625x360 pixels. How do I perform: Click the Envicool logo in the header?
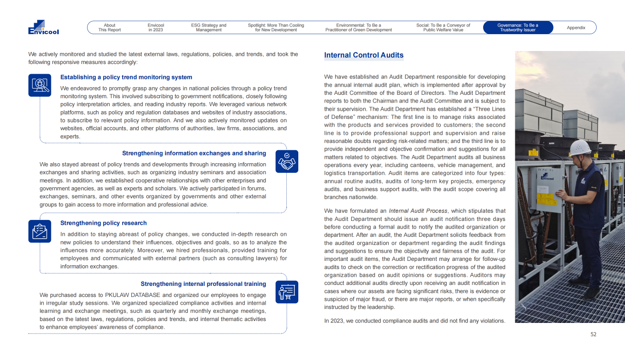(43, 27)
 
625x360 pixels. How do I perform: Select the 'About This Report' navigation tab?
(110, 27)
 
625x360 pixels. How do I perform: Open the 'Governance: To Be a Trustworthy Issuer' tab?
(517, 27)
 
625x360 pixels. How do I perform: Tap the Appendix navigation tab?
(576, 27)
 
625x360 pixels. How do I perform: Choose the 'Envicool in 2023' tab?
(156, 27)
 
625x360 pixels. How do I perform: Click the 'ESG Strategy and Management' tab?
(209, 27)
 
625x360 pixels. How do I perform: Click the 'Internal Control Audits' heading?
(364, 55)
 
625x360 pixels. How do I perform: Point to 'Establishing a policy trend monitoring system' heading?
(126, 77)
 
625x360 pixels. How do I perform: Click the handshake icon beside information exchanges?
(287, 161)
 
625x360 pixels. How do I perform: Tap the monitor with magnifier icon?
(39, 85)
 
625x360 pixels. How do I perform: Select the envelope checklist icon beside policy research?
(39, 231)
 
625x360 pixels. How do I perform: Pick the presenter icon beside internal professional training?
(287, 292)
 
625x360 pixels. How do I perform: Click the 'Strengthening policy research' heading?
(103, 223)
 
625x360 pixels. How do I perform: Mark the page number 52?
(593, 334)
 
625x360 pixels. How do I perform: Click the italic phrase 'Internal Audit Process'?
(418, 211)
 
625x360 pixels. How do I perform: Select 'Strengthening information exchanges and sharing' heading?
(194, 153)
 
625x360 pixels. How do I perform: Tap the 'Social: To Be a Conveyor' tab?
(443, 27)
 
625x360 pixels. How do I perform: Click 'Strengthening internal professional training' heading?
(203, 284)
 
